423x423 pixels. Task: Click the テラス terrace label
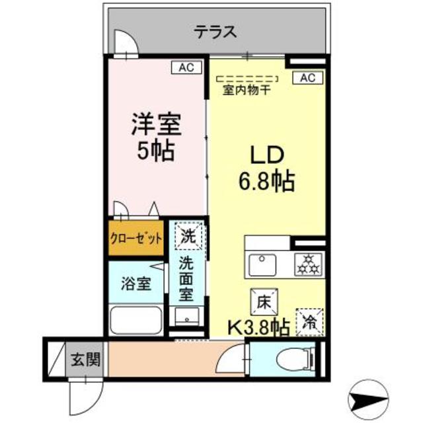point(215,31)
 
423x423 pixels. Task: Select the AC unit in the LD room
point(307,78)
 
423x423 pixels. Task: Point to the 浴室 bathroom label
point(136,284)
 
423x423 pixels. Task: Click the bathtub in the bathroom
point(135,321)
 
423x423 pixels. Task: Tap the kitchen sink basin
point(265,265)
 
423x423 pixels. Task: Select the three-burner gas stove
point(307,264)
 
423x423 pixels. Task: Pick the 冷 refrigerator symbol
point(309,323)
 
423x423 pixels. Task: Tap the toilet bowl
point(295,361)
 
